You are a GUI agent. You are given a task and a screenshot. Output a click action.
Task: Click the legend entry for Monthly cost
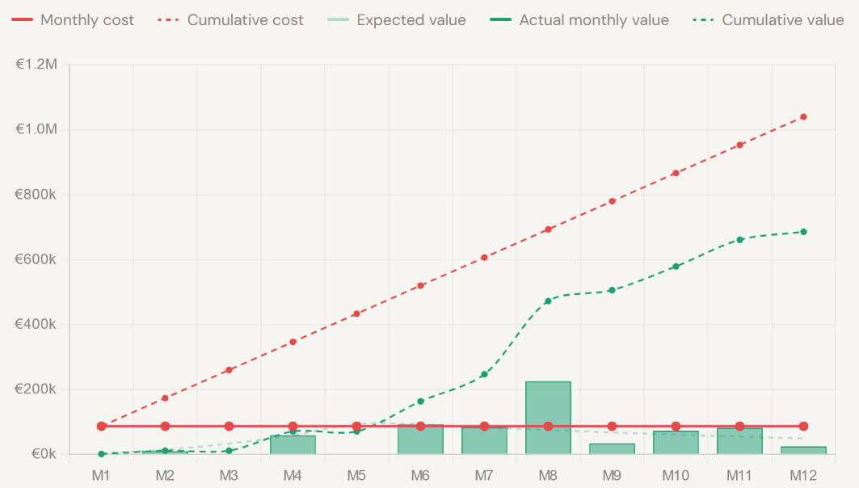coord(74,20)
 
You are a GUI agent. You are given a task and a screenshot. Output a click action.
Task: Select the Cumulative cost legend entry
coord(230,20)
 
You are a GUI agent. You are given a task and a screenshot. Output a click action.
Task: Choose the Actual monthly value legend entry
coord(580,20)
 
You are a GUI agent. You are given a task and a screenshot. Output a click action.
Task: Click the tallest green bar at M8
coord(548,417)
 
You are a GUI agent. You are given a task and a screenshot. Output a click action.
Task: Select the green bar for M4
coord(293,444)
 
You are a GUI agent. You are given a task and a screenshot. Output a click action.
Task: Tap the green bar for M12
coord(803,450)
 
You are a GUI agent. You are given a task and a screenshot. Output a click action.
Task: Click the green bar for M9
coord(612,448)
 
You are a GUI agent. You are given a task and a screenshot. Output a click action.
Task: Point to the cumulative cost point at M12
coord(803,117)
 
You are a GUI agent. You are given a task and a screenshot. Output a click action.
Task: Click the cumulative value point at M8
coord(548,301)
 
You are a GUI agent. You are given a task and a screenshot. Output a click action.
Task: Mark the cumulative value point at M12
coord(803,232)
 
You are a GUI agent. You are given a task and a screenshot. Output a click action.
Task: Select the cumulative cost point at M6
coord(420,286)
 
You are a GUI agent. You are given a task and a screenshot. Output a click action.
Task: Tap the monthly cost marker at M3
coord(229,426)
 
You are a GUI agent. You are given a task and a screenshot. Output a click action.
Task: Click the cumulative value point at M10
coord(676,266)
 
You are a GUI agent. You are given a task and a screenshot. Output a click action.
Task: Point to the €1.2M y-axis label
coord(36,65)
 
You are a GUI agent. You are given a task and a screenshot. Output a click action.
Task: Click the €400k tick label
coord(36,324)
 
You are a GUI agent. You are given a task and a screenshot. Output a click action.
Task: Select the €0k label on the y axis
coord(42,454)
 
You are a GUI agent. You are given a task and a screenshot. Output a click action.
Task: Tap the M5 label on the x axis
coord(356,474)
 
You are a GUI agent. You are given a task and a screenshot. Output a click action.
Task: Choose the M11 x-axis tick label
coord(739,474)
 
